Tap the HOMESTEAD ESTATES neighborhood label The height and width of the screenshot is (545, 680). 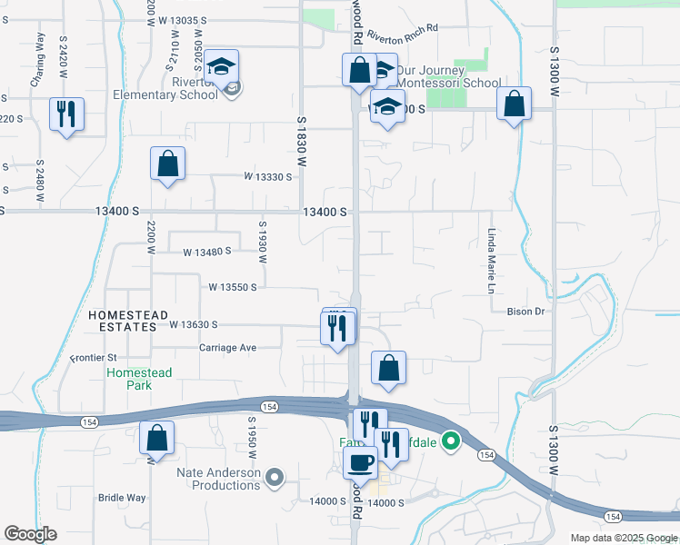pyautogui.click(x=128, y=321)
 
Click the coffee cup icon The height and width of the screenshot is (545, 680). pyautogui.click(x=360, y=461)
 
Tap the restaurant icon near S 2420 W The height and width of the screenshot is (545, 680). pyautogui.click(x=66, y=114)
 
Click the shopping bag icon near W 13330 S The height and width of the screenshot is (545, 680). pyautogui.click(x=168, y=164)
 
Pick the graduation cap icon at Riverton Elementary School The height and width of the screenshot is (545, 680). pyautogui.click(x=221, y=66)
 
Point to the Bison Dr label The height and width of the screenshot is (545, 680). pyautogui.click(x=525, y=311)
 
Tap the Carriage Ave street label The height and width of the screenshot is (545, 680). pyautogui.click(x=228, y=348)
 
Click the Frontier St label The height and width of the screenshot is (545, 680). pyautogui.click(x=95, y=358)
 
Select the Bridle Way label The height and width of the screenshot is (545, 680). pyautogui.click(x=122, y=498)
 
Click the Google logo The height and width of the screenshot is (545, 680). pyautogui.click(x=31, y=533)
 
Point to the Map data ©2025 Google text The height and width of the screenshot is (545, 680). pyautogui.click(x=623, y=538)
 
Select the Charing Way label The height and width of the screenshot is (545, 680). pyautogui.click(x=39, y=60)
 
